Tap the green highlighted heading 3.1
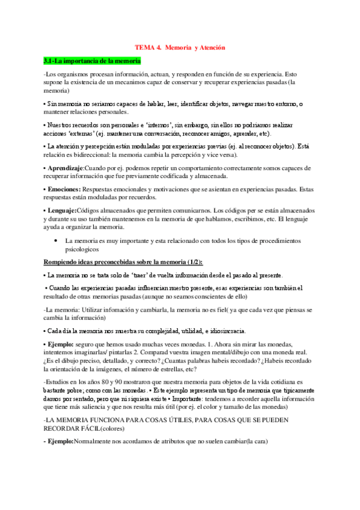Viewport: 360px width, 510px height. (x=92, y=61)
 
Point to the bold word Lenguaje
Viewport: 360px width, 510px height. (x=61, y=210)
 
